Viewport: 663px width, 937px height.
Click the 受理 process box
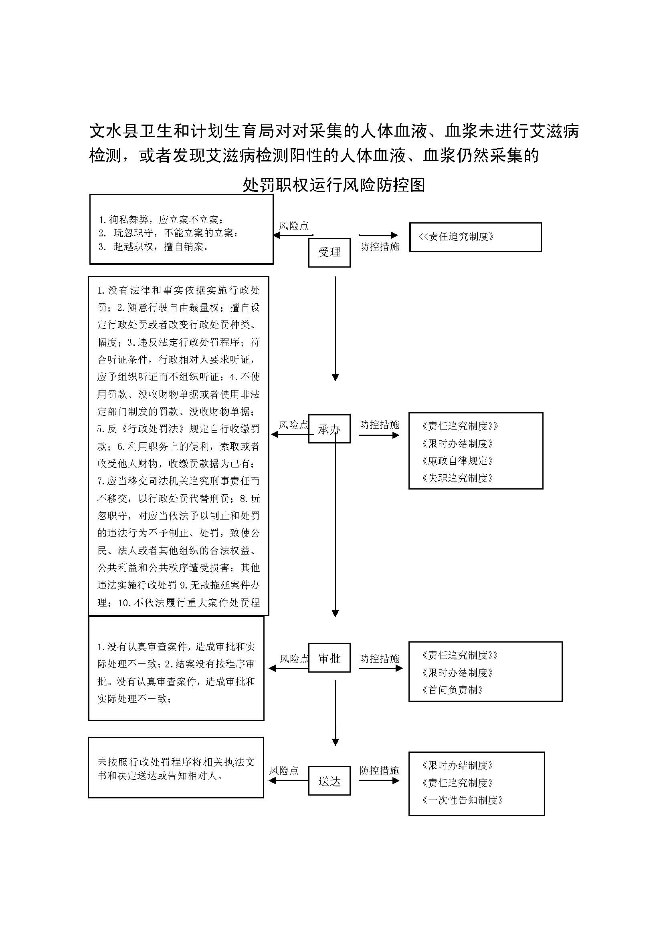[x=329, y=253]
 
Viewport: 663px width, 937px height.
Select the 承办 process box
[x=329, y=429]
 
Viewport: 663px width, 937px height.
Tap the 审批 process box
[x=329, y=658]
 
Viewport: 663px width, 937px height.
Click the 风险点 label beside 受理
[x=293, y=226]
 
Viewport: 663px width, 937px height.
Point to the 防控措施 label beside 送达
[x=379, y=770]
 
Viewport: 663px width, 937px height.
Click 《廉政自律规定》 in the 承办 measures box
[x=458, y=461]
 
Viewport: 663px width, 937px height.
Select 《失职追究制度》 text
[x=458, y=478]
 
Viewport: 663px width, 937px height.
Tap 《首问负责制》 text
[x=453, y=690]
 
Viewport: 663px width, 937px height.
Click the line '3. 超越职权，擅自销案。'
[x=154, y=247]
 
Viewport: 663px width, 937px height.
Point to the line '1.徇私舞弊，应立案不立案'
[x=160, y=220]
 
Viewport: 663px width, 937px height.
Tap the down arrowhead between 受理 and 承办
[x=335, y=377]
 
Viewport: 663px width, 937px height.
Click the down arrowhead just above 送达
[x=335, y=742]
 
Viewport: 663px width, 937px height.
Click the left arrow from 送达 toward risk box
[x=288, y=781]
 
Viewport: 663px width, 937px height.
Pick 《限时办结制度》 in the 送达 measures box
[x=458, y=765]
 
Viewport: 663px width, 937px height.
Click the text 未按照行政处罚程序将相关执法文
[x=176, y=762]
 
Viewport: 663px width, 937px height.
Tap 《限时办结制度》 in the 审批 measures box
[x=458, y=673]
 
